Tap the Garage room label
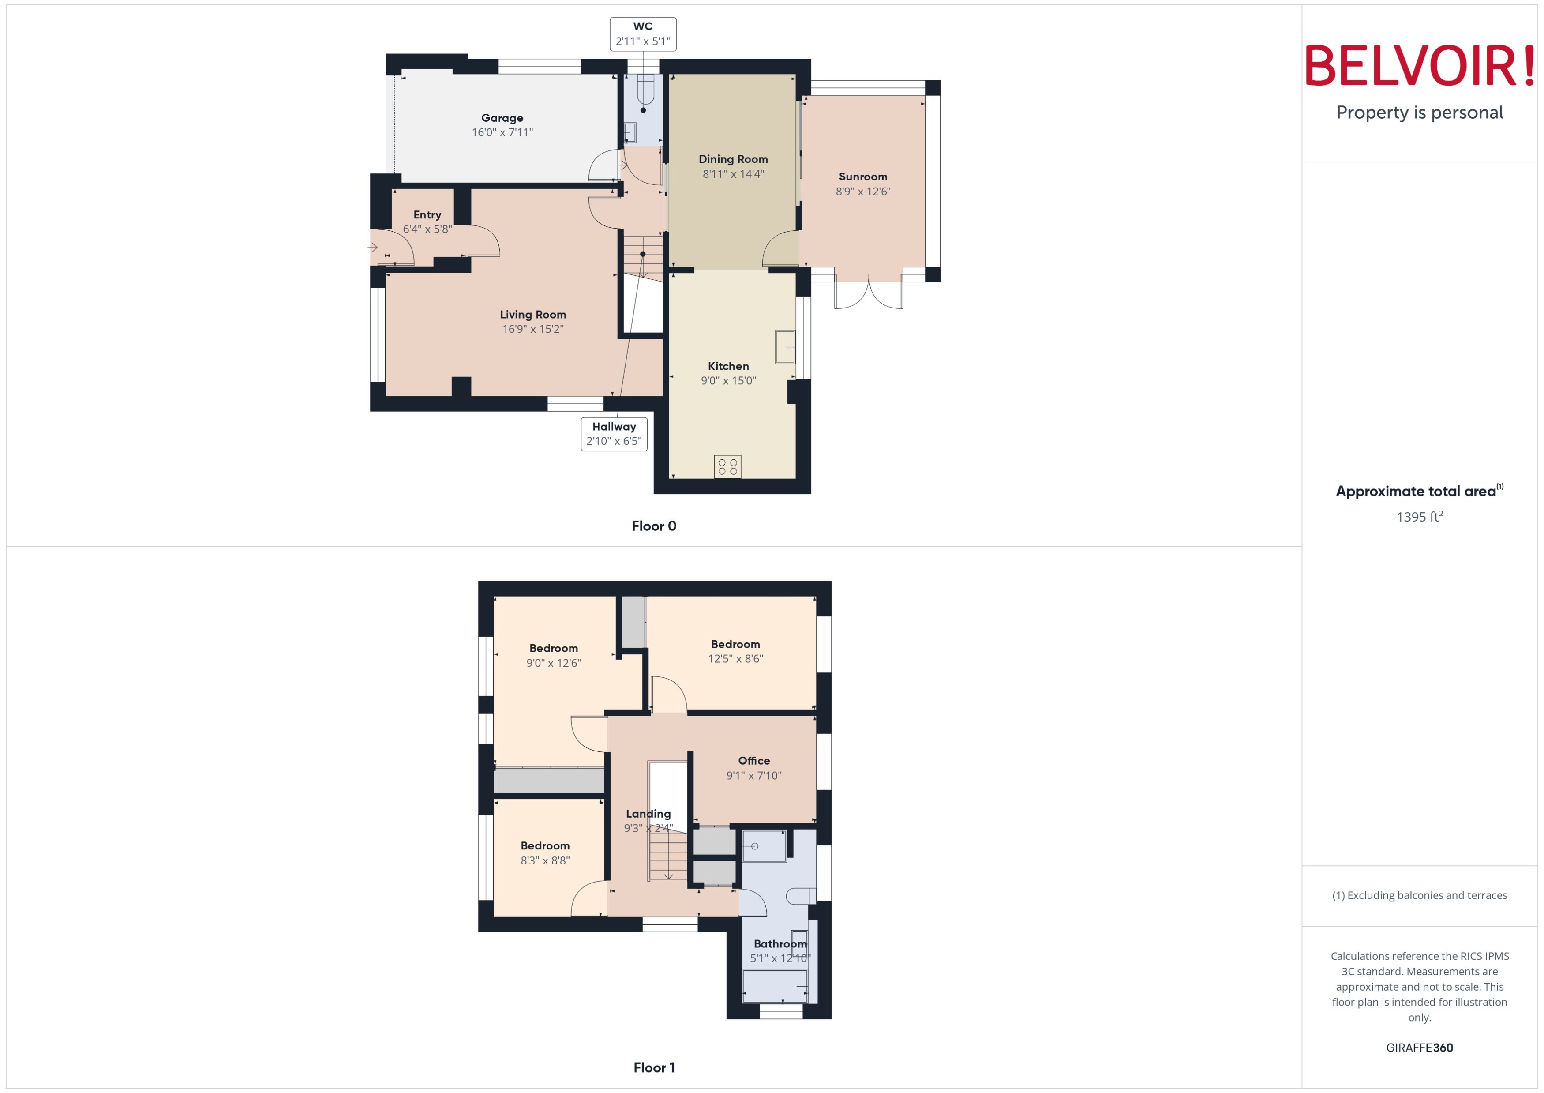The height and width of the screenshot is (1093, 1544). pos(502,118)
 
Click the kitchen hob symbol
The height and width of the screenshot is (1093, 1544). pos(727,466)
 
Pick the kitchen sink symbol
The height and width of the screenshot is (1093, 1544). pos(785,347)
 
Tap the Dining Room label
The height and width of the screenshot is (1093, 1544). pos(733,159)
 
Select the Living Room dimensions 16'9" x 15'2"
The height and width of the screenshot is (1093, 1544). pos(533,329)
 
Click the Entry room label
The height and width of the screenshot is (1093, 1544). pos(427,215)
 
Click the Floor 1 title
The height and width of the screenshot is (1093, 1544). pos(654,1067)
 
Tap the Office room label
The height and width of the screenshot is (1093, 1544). pos(753,761)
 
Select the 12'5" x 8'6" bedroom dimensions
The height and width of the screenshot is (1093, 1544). pos(735,659)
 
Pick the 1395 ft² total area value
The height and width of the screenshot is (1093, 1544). pos(1420,517)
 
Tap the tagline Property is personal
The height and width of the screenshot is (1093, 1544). pos(1420,113)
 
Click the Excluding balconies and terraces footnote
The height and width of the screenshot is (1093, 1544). pos(1420,895)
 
